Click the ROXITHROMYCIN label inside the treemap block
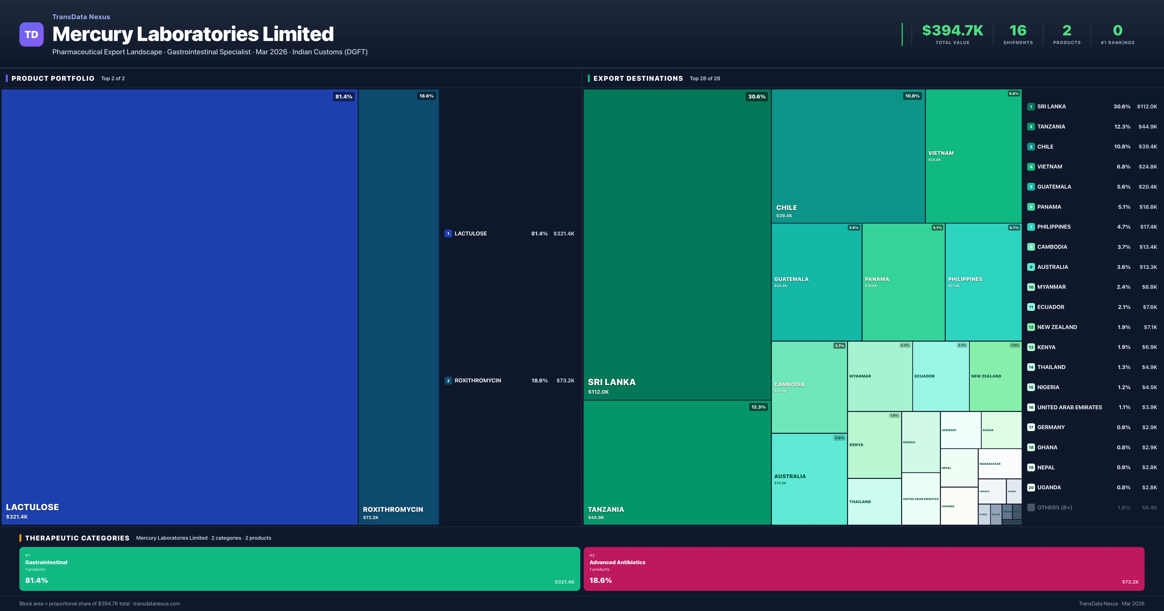[x=393, y=509]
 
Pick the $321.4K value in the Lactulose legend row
[x=564, y=234]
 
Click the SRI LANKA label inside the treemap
[x=611, y=382]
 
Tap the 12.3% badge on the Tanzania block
[x=758, y=407]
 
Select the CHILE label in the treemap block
[x=786, y=208]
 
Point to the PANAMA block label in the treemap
[x=877, y=279]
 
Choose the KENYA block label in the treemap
[x=856, y=445]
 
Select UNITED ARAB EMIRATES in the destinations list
[x=1069, y=407]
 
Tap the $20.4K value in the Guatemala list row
[x=1147, y=187]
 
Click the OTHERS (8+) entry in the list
[x=1054, y=507]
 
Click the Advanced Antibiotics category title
[x=617, y=562]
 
